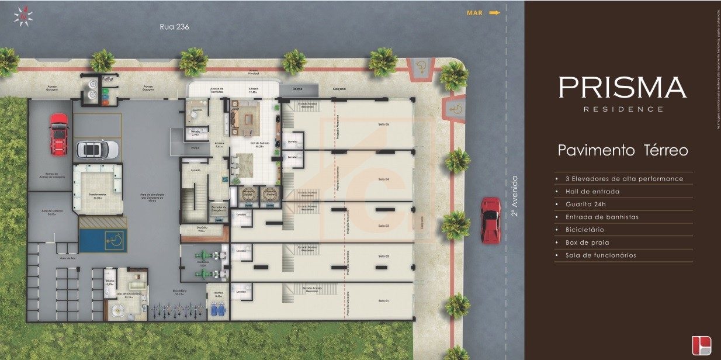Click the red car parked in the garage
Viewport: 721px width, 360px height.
[58, 134]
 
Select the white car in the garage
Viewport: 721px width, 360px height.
[96, 150]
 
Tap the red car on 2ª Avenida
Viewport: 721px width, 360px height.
[490, 220]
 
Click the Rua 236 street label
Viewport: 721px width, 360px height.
[174, 26]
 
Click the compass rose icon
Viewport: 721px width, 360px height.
[23, 16]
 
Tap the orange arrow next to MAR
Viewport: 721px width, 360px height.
[494, 12]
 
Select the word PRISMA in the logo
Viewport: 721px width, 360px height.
[622, 88]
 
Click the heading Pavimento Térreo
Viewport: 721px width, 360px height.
[622, 150]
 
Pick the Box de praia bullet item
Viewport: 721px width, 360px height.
[583, 243]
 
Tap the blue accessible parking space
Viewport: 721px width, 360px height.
[102, 240]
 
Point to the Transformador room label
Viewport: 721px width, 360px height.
[98, 195]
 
